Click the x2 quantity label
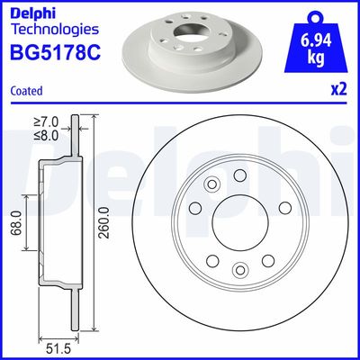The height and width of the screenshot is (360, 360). pyautogui.click(x=339, y=89)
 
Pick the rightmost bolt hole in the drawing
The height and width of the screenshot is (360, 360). pyautogui.click(x=288, y=225)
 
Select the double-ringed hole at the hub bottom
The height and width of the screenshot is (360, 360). pyautogui.click(x=238, y=270)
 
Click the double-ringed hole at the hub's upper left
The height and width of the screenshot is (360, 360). pyautogui.click(x=213, y=186)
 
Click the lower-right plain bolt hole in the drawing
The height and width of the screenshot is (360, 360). pyautogui.click(x=270, y=261)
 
